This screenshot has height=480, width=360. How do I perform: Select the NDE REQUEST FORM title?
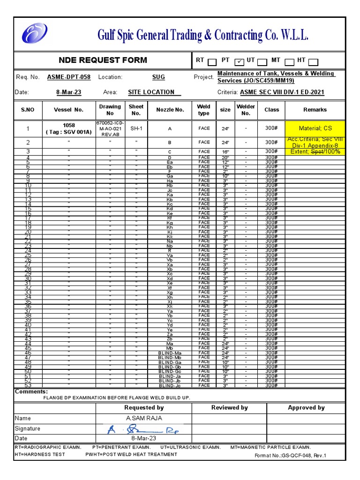103,60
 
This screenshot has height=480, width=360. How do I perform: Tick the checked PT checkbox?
239,61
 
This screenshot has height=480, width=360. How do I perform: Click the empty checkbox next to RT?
212,61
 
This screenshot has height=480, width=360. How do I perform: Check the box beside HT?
313,61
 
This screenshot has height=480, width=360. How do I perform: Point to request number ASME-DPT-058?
69,77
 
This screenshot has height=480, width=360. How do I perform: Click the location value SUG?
158,77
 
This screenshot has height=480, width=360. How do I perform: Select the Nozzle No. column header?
170,110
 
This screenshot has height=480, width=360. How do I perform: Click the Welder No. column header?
246,110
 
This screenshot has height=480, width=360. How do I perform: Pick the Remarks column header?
315,110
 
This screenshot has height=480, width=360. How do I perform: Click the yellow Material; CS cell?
315,128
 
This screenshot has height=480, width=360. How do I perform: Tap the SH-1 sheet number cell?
136,128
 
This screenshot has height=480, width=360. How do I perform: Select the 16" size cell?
225,152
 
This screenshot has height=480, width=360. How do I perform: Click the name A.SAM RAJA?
144,418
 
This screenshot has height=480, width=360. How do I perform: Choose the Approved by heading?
306,408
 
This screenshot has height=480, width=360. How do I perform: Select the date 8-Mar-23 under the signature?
144,438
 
